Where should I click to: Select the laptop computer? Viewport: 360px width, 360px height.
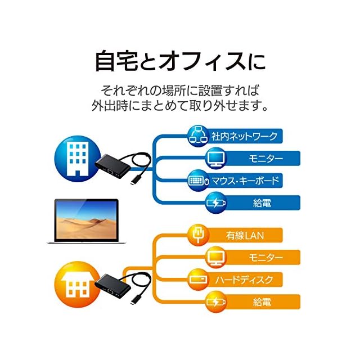pos(85,221)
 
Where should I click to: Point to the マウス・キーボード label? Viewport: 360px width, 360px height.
pos(244,181)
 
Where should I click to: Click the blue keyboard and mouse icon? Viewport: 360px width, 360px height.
pos(198,181)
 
